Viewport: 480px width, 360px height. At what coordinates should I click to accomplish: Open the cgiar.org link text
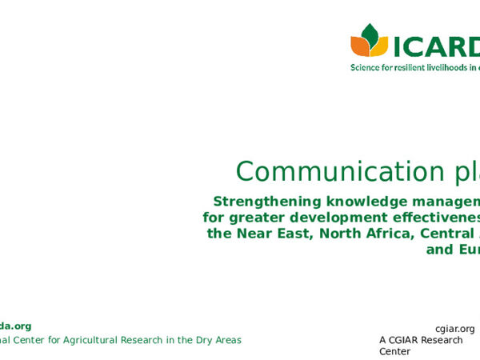click(x=454, y=329)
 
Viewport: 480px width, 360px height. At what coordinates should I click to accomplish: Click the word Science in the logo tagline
click(x=366, y=68)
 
